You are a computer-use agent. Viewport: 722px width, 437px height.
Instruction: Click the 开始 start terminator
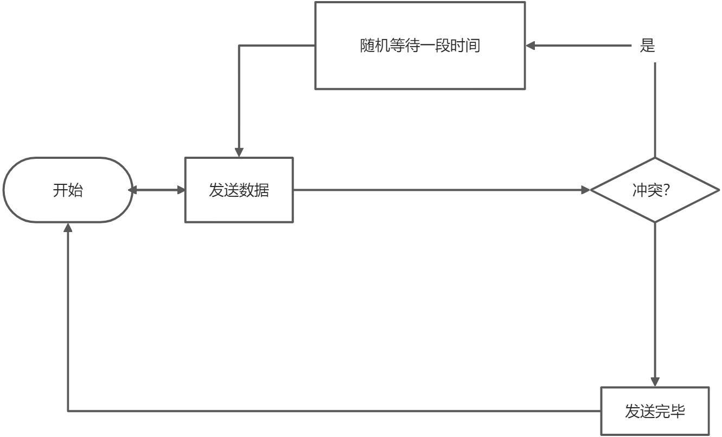coord(68,190)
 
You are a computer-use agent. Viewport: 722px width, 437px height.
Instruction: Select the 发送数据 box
coord(239,190)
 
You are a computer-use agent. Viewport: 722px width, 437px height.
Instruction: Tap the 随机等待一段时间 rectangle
coord(420,46)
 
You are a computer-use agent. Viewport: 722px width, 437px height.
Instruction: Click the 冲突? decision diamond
coord(655,190)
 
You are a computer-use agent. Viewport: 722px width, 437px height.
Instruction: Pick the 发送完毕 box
coord(655,411)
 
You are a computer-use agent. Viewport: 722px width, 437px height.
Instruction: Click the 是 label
coord(647,46)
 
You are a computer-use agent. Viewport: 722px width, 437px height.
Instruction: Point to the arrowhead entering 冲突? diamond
coord(585,190)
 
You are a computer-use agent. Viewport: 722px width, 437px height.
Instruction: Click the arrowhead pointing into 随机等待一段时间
coord(531,46)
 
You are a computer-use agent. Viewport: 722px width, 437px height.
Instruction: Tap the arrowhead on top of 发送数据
coord(239,152)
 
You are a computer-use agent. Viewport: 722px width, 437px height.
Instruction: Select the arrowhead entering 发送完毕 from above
coord(655,381)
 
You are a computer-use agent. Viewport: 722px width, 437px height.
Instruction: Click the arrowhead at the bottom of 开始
coord(68,227)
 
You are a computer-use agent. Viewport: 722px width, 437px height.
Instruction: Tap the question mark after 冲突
coord(673,190)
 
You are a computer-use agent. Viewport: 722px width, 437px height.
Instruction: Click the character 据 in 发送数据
coord(262,190)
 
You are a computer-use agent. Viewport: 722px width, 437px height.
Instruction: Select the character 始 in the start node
coord(75,190)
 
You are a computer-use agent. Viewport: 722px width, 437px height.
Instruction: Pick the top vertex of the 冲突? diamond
coord(655,158)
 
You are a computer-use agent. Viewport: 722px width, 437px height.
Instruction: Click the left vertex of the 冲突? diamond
coord(591,190)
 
